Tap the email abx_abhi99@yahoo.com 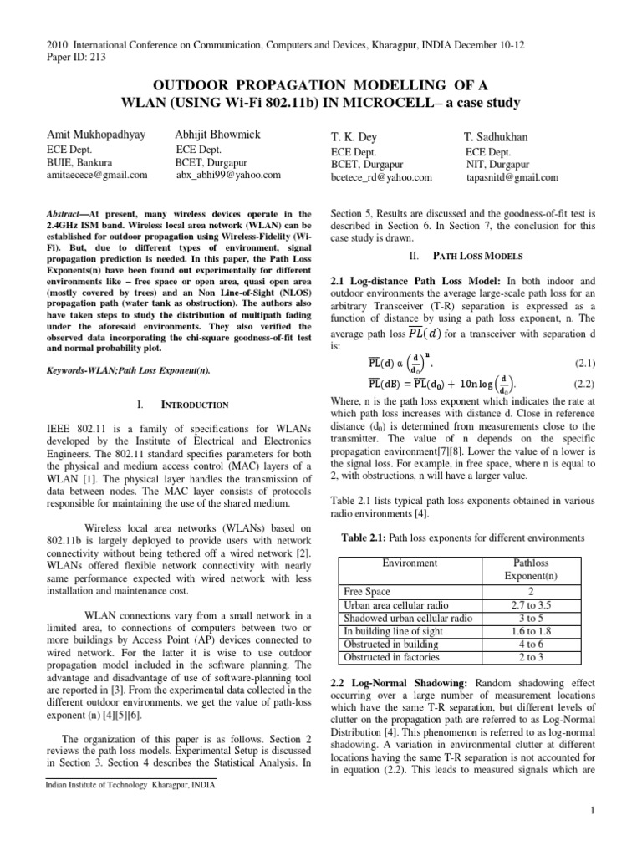point(228,176)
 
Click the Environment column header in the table point(410,563)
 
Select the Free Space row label point(369,591)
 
